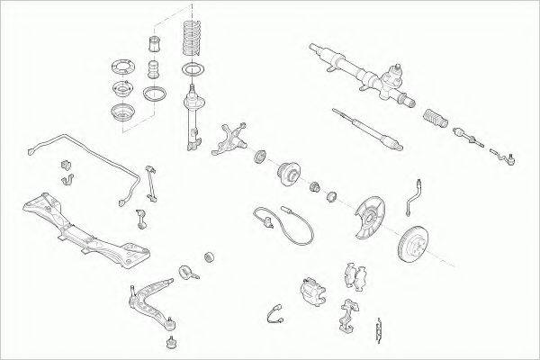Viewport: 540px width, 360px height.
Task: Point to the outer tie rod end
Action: pos(504,160)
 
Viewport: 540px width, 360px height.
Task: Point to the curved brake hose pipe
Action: pos(414,196)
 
